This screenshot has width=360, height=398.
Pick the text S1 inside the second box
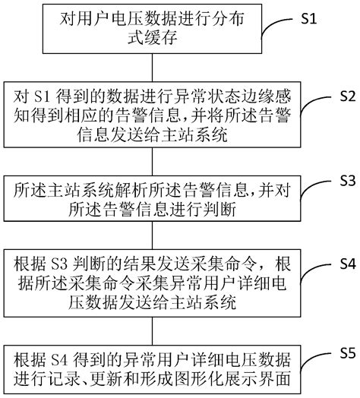tap(44, 98)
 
